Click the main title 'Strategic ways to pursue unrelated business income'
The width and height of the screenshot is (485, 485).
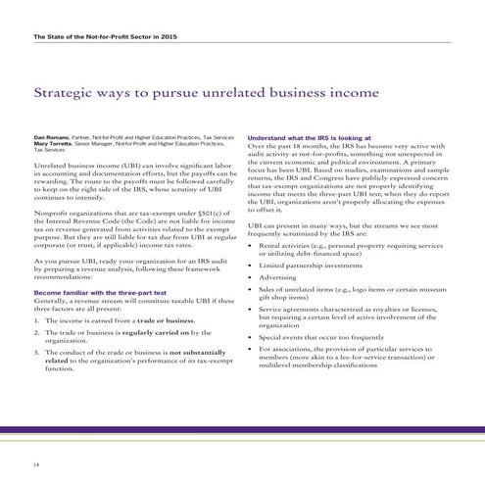click(206, 94)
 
